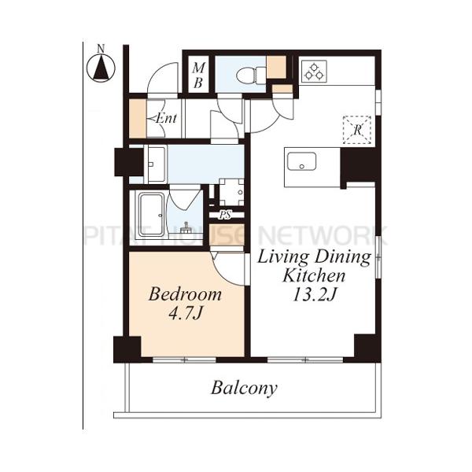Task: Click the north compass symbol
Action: pos(101,68)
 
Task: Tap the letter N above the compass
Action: pos(101,48)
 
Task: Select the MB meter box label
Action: pos(198,75)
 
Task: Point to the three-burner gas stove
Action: pos(314,72)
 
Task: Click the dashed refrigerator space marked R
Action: pos(357,130)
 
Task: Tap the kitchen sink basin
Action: pos(301,161)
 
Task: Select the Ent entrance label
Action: pos(166,118)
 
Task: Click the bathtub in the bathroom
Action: pos(151,216)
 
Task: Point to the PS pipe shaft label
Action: pos(226,215)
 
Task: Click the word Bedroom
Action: pos(185,294)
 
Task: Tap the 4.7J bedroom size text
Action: pos(185,314)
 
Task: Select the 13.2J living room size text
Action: pos(314,296)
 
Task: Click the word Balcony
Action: pos(244,389)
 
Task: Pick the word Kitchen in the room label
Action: pos(314,276)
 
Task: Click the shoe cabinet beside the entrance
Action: pos(138,119)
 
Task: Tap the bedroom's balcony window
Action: pos(184,360)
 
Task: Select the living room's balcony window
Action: pos(305,360)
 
